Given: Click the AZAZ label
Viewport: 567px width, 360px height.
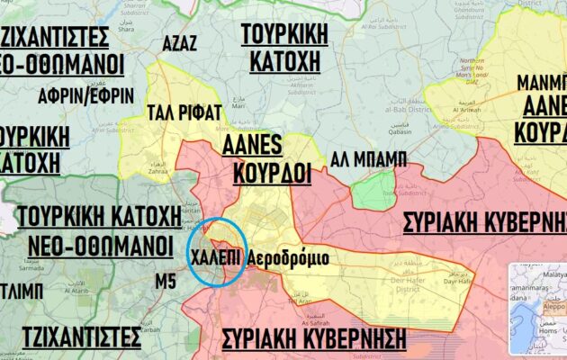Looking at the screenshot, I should coord(180,44).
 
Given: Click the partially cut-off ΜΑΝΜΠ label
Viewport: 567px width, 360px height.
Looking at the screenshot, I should coord(541,84).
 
